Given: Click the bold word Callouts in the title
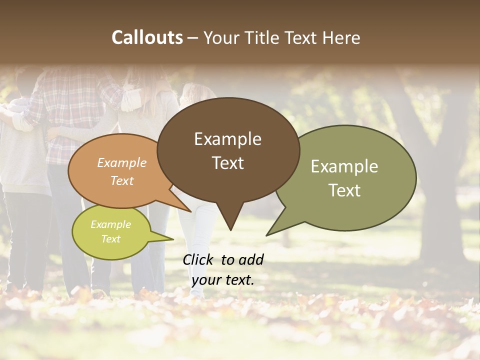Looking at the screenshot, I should (x=147, y=37).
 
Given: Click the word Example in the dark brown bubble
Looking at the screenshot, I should (x=227, y=139).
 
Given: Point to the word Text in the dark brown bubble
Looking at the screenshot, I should (x=227, y=163).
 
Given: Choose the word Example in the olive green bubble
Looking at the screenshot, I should (x=344, y=166).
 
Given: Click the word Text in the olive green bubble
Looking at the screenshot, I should (x=344, y=190).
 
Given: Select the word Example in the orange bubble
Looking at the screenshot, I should (x=122, y=163).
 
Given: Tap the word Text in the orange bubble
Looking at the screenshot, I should (x=122, y=180).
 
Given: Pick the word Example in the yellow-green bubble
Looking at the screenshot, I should (x=111, y=224).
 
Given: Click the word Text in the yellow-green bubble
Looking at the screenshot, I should (x=111, y=239).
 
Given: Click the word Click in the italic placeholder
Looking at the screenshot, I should (x=199, y=259).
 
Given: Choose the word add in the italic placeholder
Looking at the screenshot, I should (x=251, y=259).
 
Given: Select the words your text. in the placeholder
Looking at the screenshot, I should (x=223, y=280).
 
